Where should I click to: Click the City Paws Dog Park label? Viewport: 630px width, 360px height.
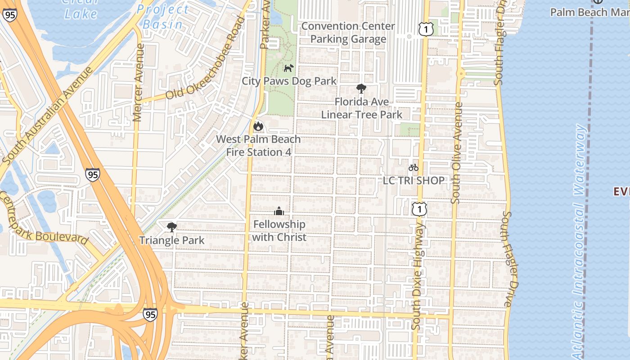(x=289, y=81)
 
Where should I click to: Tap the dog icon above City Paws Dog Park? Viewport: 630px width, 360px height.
(x=288, y=68)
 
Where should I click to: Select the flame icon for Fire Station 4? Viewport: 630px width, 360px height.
(x=258, y=126)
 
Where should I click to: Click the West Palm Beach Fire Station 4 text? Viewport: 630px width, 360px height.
(x=258, y=146)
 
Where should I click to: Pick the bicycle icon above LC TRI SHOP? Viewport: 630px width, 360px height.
(x=414, y=168)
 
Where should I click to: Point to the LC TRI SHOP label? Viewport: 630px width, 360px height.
(x=414, y=180)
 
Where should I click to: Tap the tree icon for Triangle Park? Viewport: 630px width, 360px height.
(x=171, y=227)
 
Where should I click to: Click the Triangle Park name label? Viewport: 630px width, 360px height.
(x=171, y=240)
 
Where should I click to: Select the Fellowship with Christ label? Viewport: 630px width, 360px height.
(x=279, y=231)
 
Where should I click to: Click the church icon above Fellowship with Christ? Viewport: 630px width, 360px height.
(x=279, y=211)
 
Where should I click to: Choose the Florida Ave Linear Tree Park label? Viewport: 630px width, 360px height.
(x=361, y=108)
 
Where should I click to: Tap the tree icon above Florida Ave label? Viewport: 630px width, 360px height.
(x=361, y=89)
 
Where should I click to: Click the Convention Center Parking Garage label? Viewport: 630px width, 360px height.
(x=348, y=33)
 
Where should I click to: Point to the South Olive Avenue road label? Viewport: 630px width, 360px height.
(x=457, y=153)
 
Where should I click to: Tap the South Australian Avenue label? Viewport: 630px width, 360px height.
(x=47, y=116)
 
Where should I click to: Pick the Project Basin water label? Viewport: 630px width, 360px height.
(x=162, y=17)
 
